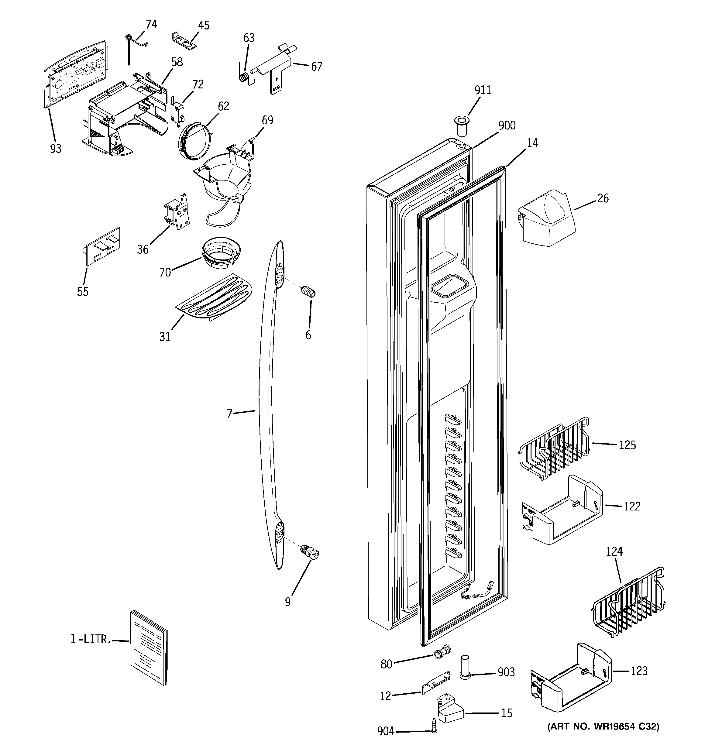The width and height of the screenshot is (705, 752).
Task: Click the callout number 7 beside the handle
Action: tap(229, 414)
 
